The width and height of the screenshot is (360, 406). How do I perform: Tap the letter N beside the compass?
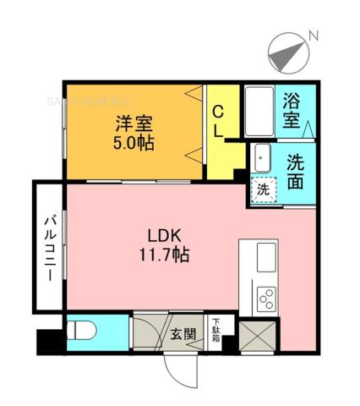tap(313, 36)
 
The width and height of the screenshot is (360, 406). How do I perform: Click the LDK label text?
tap(163, 236)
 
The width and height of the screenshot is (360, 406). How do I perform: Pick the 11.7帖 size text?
tap(163, 254)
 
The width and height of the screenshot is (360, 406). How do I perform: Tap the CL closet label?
tap(218, 121)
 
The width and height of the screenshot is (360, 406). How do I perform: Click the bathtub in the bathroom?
tap(259, 110)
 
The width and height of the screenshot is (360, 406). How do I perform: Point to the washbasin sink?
tap(261, 158)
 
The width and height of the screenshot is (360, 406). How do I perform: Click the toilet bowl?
tap(83, 331)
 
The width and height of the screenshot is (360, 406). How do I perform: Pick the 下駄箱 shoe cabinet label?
tap(218, 330)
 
